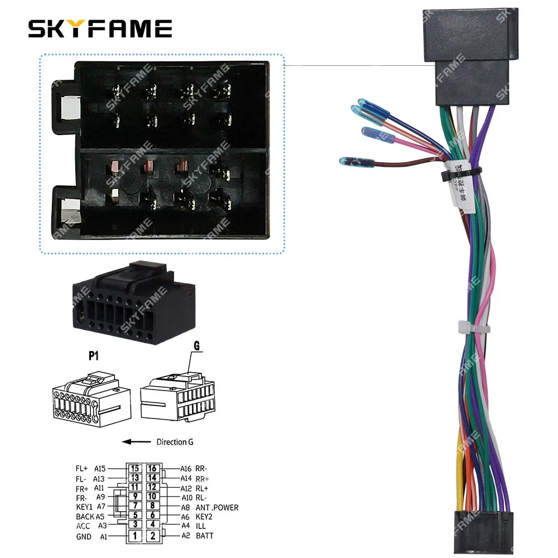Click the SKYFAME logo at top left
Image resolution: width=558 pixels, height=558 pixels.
point(100,28)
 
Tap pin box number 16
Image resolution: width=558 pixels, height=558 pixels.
point(152,469)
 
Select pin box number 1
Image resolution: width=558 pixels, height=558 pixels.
point(134,536)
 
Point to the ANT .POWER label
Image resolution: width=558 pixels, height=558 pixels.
point(217,508)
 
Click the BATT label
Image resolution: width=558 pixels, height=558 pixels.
point(204,536)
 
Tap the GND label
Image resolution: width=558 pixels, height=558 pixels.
point(84,537)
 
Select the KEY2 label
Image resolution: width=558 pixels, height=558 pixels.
point(205,517)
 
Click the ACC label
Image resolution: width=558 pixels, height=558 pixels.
point(83,526)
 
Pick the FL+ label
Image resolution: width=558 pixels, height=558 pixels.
point(81,469)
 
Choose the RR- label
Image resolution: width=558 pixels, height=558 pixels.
point(202,469)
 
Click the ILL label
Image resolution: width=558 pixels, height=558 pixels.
point(201,526)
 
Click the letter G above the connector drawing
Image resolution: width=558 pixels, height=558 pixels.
point(196,346)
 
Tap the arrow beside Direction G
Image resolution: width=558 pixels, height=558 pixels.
point(136,442)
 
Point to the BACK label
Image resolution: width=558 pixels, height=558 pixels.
point(85,517)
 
